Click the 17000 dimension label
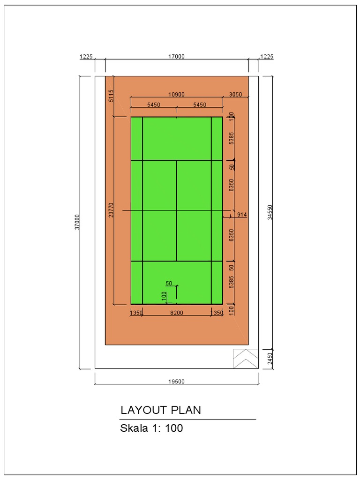[x=176, y=56]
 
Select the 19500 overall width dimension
[x=176, y=381]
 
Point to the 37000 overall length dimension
[x=78, y=222]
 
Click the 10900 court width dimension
[x=176, y=94]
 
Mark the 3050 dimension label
[x=235, y=94]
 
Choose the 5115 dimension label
[x=111, y=96]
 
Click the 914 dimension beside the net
[x=242, y=215]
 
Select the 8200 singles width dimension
[x=176, y=313]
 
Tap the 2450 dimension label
[x=270, y=359]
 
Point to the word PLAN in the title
[x=186, y=410]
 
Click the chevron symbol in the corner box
[x=246, y=359]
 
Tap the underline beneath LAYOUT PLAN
[x=188, y=419]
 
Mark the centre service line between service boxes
[x=177, y=210]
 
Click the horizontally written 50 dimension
[x=169, y=283]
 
